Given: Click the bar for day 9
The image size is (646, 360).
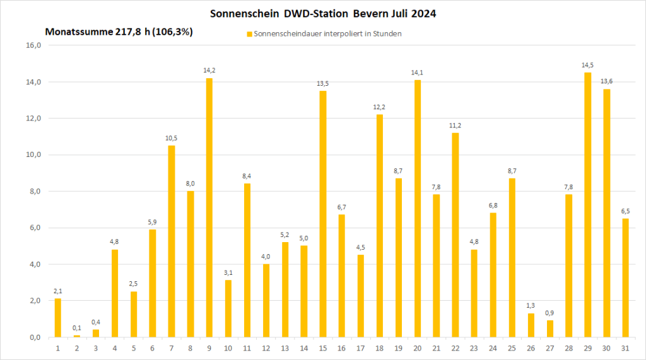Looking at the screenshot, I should (209, 207).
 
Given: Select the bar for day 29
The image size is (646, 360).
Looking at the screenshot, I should (587, 205).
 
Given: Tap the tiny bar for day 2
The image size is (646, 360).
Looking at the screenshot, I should (76, 336).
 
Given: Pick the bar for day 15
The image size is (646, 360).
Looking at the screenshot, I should (322, 214).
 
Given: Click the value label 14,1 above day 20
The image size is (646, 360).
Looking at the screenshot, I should (417, 73).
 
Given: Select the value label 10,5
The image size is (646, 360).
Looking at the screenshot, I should (171, 138).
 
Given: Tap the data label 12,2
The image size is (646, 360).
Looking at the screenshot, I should (379, 107).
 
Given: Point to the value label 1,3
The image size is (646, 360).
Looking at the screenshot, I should (531, 306).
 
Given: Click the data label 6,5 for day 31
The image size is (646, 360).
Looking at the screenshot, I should (625, 211).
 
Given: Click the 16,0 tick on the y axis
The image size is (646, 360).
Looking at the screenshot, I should (33, 45).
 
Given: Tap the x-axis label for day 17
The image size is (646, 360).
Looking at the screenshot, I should (360, 347).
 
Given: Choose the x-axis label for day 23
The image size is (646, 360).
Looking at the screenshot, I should (474, 347).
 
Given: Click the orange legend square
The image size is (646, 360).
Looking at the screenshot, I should (249, 33).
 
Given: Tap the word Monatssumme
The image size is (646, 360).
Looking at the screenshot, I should (74, 32).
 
